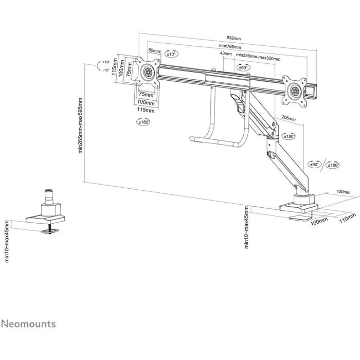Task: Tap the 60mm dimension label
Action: point(154,51)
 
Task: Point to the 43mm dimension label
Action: point(225,53)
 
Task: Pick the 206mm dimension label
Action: point(289,118)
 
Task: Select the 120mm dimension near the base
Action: point(343,191)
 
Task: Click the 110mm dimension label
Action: point(348,218)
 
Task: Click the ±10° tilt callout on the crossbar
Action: point(171,53)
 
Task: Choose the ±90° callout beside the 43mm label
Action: point(243,67)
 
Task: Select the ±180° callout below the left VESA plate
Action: point(143,122)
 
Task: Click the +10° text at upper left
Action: point(106,61)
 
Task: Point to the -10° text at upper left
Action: point(106,70)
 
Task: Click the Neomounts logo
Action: point(28,325)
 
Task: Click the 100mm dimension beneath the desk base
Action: point(319,221)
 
